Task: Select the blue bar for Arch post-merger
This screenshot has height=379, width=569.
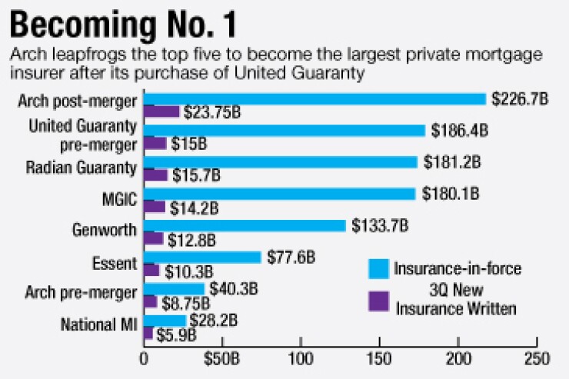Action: (x=315, y=99)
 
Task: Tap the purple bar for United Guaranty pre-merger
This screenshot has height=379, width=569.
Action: (x=155, y=143)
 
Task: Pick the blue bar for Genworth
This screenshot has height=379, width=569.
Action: (x=245, y=225)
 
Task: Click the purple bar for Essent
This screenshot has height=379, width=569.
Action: (x=151, y=270)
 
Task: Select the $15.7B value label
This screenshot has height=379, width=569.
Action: (x=195, y=175)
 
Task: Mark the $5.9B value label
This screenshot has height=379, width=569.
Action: (x=176, y=335)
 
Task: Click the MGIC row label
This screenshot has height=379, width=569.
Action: (x=118, y=200)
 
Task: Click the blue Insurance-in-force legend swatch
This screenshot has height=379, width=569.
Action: (x=378, y=268)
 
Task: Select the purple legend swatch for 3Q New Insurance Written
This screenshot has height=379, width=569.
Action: (x=378, y=300)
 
